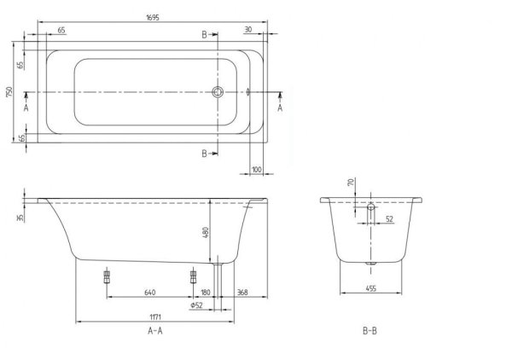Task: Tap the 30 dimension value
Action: [247, 30]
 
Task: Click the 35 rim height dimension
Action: [18, 218]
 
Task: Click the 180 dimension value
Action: [206, 293]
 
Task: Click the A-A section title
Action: [156, 331]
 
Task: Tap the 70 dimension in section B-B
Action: [350, 183]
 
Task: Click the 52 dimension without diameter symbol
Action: [389, 219]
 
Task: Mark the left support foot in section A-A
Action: [108, 276]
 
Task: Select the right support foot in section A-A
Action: [193, 276]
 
